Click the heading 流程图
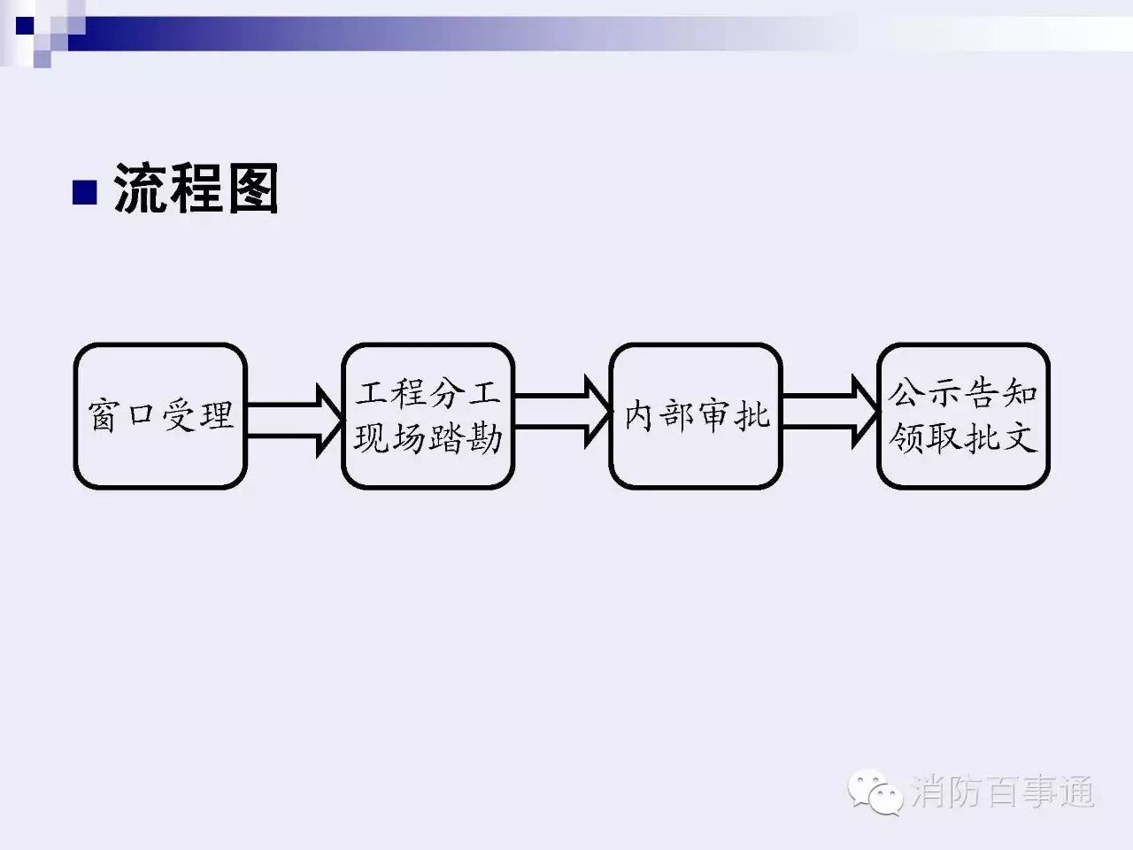pos(196,189)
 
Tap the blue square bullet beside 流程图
pos(83,192)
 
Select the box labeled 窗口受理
pos(160,415)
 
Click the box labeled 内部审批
pos(696,415)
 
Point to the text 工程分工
pos(428,393)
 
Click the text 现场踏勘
pos(428,437)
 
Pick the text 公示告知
pos(963,393)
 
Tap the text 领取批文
pos(963,437)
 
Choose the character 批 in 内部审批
pos(752,415)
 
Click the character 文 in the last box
pos(1020,437)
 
